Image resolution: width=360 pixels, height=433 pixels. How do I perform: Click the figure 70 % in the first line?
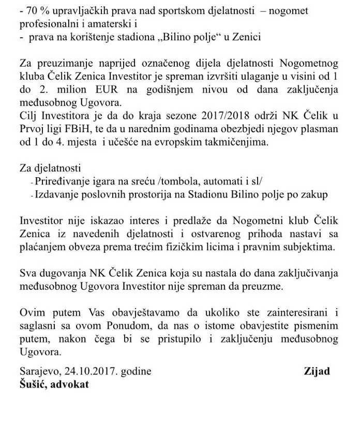pyautogui.click(x=35, y=9)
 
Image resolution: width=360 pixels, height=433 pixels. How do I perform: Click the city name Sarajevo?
pyautogui.click(x=38, y=371)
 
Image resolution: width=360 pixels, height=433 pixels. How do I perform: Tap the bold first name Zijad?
pyautogui.click(x=317, y=371)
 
